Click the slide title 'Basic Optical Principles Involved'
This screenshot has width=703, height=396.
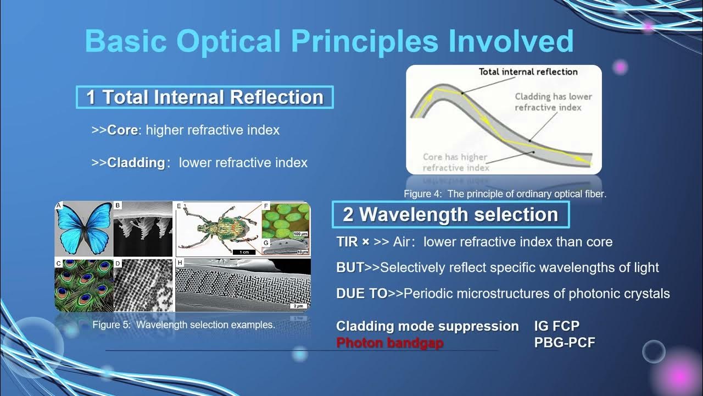pos(329,41)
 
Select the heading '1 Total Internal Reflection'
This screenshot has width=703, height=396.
pos(204,97)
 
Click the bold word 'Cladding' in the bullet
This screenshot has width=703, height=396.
pos(136,163)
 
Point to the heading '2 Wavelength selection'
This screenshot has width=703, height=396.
pos(450,215)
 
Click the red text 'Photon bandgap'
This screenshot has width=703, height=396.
pos(389,343)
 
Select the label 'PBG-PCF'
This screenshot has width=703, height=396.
pos(565,343)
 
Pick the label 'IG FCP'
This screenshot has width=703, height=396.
pos(556,326)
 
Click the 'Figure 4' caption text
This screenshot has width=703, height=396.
pos(505,194)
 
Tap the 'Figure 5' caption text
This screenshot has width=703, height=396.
pos(183,324)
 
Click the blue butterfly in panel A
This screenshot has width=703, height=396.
pos(83,227)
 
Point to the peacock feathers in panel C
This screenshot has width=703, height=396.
pos(83,285)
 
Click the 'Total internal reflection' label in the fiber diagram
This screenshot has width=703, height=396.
pos(528,71)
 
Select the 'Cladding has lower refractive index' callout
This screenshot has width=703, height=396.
pos(553,102)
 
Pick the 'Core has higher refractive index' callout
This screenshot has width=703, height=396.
pos(455,162)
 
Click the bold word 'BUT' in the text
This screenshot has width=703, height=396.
pos(350,268)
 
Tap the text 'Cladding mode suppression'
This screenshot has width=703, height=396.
pos(427,326)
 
